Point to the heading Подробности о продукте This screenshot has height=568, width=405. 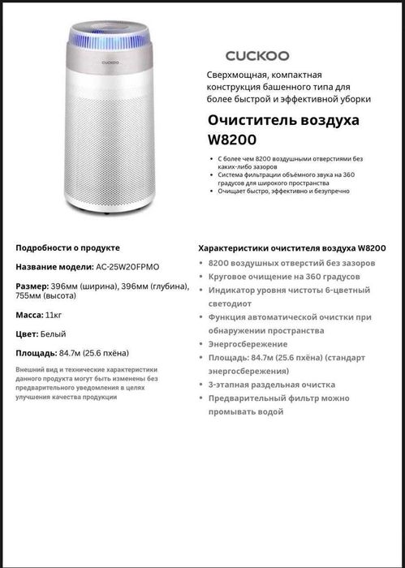click(68, 247)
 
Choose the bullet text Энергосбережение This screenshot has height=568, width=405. click(241, 344)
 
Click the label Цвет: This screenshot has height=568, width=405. click(27, 333)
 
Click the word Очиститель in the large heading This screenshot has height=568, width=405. click(250, 120)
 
